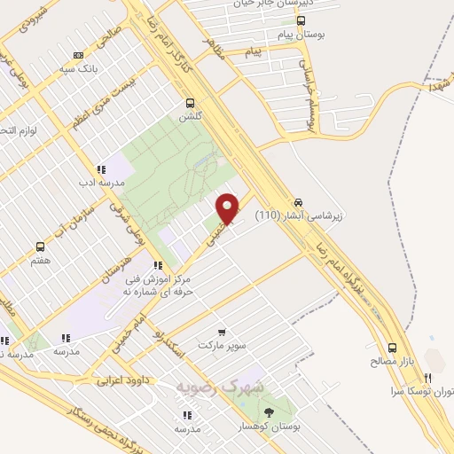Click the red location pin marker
(229, 207)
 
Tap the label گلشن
(191, 116)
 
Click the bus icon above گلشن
(191, 102)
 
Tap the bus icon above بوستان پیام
(301, 20)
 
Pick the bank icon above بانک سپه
(79, 53)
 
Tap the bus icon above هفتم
(39, 247)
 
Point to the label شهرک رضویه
(232, 387)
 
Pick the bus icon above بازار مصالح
(391, 348)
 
